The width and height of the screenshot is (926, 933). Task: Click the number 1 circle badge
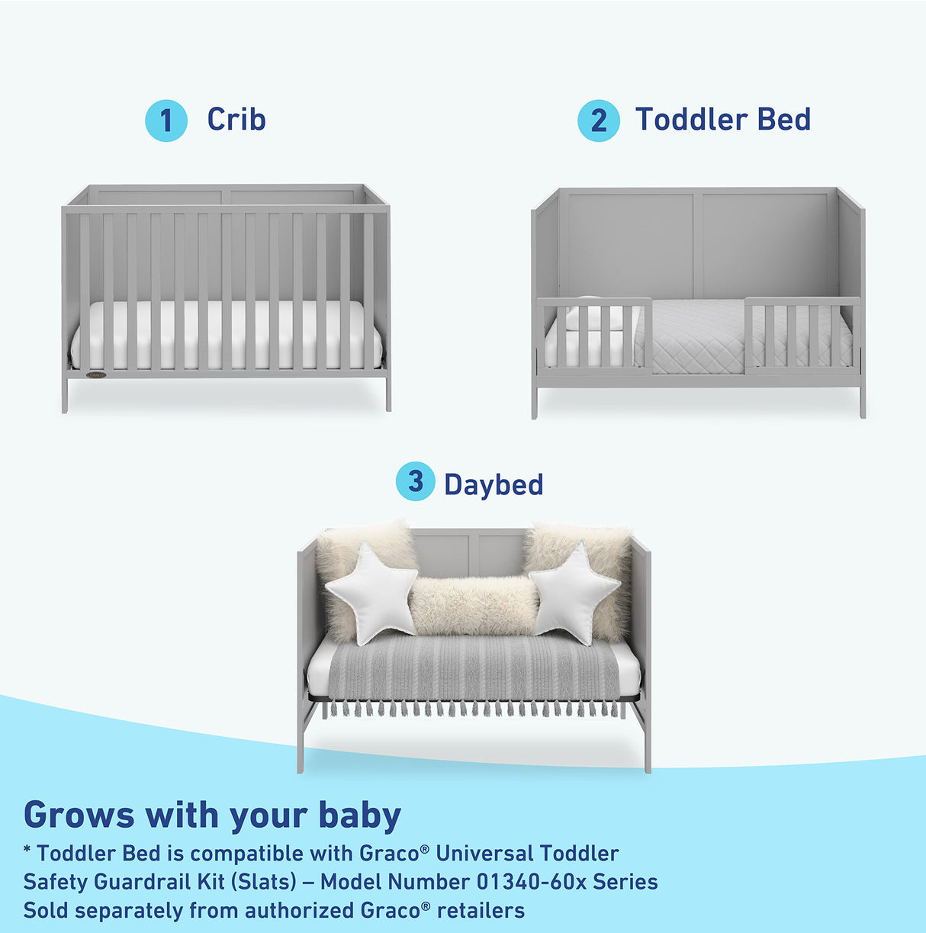pos(166,121)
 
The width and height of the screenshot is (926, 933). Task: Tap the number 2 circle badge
pos(599,121)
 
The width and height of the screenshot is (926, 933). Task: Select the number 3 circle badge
pos(415,481)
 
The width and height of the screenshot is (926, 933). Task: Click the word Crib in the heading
pos(236,119)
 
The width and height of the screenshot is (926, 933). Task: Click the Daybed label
pos(494,484)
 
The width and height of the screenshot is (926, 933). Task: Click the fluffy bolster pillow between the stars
pos(473,606)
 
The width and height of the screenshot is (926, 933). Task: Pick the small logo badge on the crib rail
pos(96,375)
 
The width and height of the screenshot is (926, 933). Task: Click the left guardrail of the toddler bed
pos(594,336)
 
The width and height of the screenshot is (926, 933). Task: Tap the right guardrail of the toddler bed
pos(802,336)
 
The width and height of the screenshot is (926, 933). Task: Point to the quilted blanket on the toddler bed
pos(696,336)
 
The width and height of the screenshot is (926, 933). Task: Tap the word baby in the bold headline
pos(359,815)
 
